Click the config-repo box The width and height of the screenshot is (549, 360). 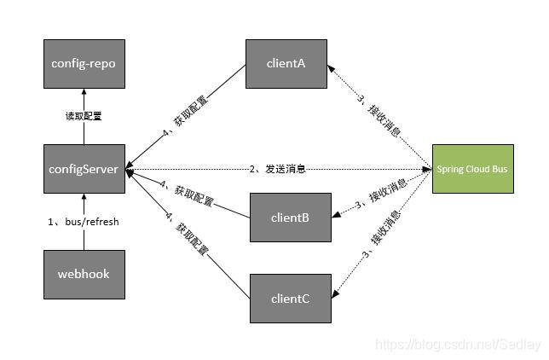coord(84,63)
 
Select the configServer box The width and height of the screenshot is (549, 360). coord(84,169)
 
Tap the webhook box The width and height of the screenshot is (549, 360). coord(84,275)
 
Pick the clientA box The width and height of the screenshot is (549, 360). coord(286,63)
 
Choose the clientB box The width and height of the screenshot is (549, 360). coord(290,217)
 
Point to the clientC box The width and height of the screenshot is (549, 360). coord(290,299)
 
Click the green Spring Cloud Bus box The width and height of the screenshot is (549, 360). coord(471,169)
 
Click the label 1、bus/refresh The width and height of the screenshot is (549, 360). coord(84,222)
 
